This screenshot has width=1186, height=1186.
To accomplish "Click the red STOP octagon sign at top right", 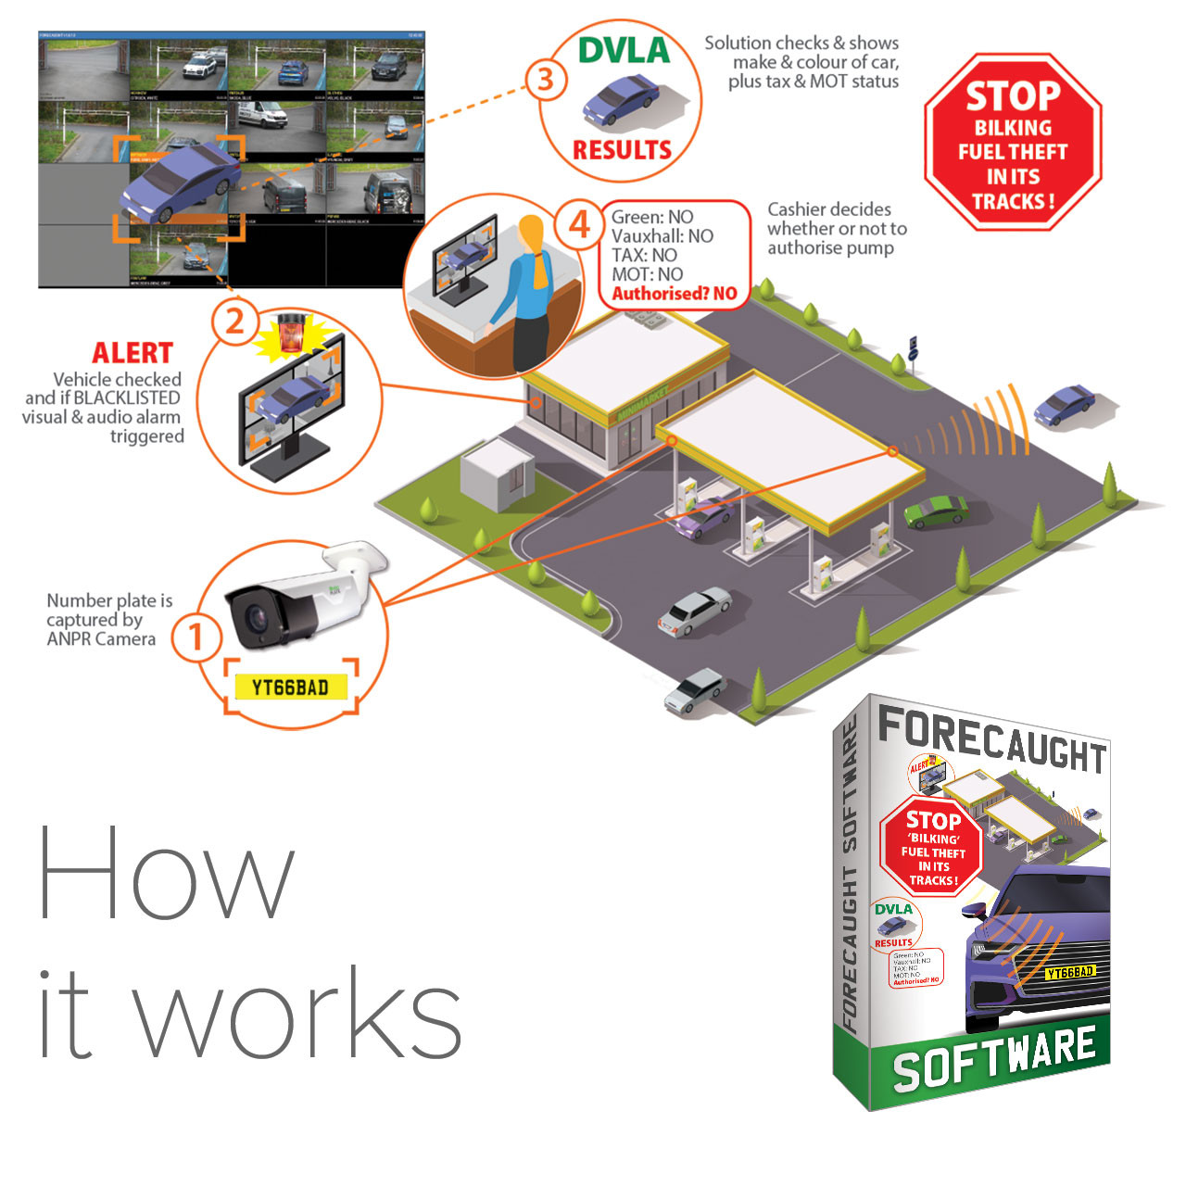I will [1013, 142].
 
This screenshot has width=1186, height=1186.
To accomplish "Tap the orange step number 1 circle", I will [196, 637].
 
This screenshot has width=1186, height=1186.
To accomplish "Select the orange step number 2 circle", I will [234, 321].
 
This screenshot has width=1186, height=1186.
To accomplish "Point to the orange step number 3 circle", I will [545, 80].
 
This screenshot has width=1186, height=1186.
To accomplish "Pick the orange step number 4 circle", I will [579, 223].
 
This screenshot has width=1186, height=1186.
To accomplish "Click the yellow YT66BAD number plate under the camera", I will [290, 687].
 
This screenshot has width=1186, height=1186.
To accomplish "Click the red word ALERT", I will [132, 353].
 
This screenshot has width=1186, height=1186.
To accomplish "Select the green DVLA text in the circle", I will [624, 50].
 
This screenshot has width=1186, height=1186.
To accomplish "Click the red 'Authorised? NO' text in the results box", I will [675, 294].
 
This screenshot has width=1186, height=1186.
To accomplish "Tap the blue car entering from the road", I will [1064, 405].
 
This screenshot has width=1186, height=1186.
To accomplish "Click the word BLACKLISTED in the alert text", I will [127, 397].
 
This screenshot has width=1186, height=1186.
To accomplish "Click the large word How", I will [167, 872].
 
